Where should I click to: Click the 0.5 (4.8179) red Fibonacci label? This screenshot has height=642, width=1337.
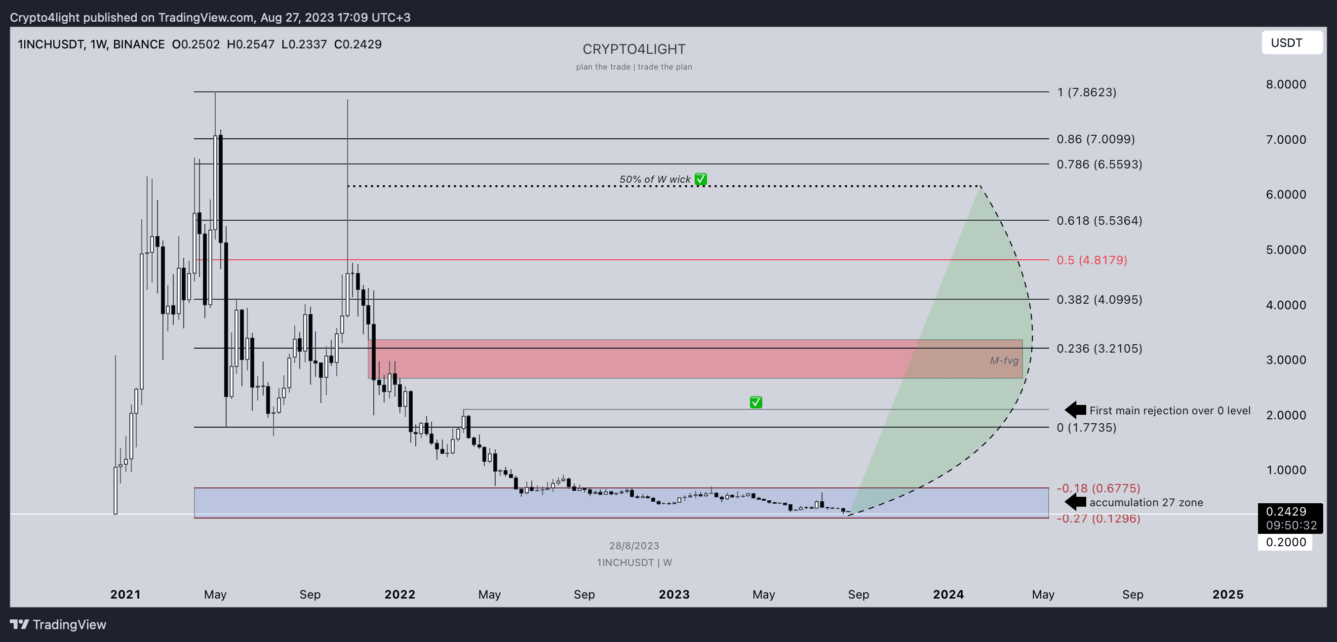click(1092, 260)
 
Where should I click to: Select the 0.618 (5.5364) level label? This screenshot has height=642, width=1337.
click(1099, 221)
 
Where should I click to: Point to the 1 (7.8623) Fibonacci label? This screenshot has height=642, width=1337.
click(1086, 92)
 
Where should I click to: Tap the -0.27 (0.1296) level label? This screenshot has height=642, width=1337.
click(1098, 519)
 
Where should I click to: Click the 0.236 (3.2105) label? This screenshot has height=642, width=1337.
click(1099, 348)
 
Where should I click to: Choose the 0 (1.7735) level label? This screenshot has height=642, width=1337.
click(1086, 428)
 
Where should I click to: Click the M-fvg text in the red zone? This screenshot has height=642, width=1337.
click(1004, 361)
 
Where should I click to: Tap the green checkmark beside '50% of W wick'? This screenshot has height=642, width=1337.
click(701, 179)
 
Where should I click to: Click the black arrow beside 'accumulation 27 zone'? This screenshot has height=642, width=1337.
click(1075, 502)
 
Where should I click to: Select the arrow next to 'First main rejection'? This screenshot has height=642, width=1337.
click(1075, 410)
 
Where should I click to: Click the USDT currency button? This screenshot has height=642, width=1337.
click(1291, 42)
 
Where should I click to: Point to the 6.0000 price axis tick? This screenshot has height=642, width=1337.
click(1286, 195)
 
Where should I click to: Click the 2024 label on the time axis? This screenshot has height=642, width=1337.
click(948, 594)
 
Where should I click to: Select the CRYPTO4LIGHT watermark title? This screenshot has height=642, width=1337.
click(634, 49)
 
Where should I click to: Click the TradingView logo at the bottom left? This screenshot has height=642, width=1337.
click(58, 624)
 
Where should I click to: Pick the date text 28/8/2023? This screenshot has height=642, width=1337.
click(634, 546)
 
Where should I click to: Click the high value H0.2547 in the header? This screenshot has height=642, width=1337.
click(251, 44)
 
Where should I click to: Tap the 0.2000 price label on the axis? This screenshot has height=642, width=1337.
click(1285, 542)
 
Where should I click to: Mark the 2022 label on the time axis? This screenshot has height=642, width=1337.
click(399, 594)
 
